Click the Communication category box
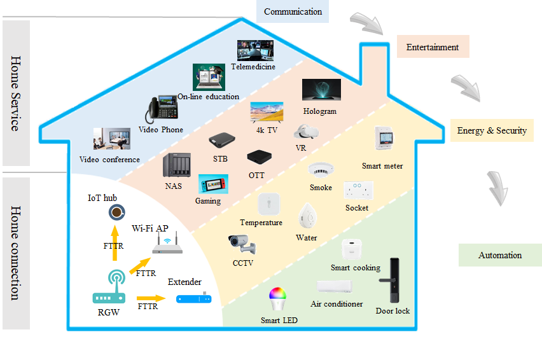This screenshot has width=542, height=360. pos(293,11)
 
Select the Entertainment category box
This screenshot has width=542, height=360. pos(433,47)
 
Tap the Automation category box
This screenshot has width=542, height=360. pos(499,255)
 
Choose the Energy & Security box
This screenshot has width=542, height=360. pos(492,130)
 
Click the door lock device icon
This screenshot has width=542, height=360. pos(392,280)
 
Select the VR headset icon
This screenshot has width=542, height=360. pos(305,133)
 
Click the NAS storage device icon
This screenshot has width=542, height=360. pos(176,167)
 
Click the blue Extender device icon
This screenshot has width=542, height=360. pos(193,298)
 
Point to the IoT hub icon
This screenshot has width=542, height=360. pos(116,212)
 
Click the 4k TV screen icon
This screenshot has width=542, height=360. pos(266,112)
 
